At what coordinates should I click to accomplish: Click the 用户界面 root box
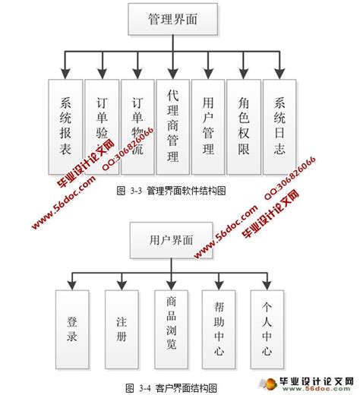[161, 240]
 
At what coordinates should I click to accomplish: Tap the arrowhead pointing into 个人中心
[267, 286]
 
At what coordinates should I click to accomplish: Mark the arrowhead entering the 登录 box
[73, 286]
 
